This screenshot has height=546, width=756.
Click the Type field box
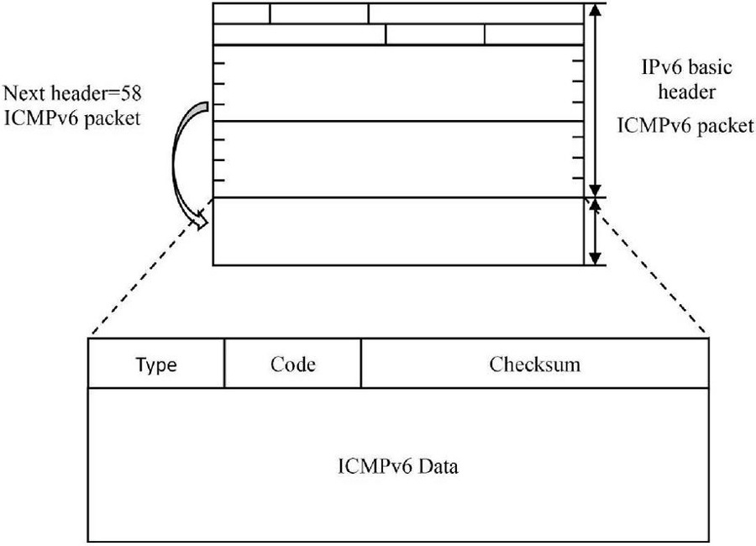tap(156, 364)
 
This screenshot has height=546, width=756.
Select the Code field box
tap(292, 364)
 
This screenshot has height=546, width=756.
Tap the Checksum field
tap(534, 364)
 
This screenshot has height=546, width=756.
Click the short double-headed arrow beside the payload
tap(595, 232)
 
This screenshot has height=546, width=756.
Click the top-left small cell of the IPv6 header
tap(242, 13)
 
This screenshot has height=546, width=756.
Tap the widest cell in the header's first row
tap(475, 13)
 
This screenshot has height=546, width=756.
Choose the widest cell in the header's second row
tap(300, 34)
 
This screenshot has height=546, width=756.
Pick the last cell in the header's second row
tap(533, 34)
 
